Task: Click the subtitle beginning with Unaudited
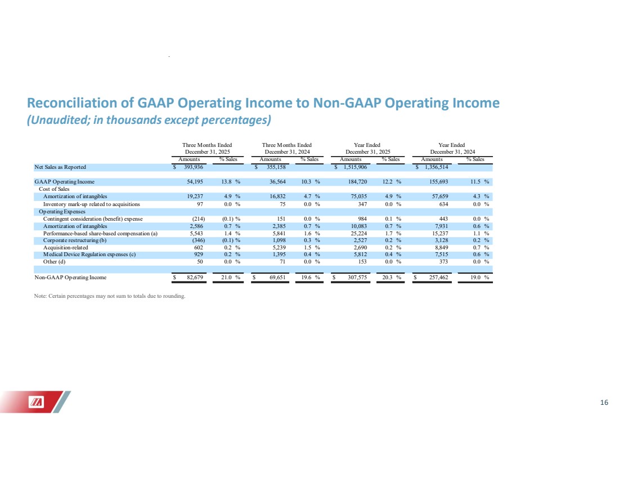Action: [x=149, y=120]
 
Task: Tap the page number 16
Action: [x=604, y=403]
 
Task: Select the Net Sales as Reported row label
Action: [x=60, y=167]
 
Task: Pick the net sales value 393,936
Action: [x=194, y=167]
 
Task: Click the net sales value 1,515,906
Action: [x=355, y=167]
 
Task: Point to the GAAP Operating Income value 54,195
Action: [x=195, y=182]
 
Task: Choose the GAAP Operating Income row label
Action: [x=64, y=182]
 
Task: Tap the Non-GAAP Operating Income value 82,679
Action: [x=195, y=278]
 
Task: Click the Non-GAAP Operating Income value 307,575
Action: [x=357, y=278]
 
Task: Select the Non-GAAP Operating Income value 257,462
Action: [x=438, y=278]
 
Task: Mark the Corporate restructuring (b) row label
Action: [x=75, y=240]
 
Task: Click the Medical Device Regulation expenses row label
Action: [x=89, y=254]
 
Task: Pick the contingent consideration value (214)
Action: [x=198, y=219]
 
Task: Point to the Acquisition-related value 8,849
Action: [x=441, y=247]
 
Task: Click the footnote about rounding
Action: [x=110, y=296]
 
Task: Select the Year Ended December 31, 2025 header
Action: [x=367, y=149]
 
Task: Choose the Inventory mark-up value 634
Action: [x=444, y=204]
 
